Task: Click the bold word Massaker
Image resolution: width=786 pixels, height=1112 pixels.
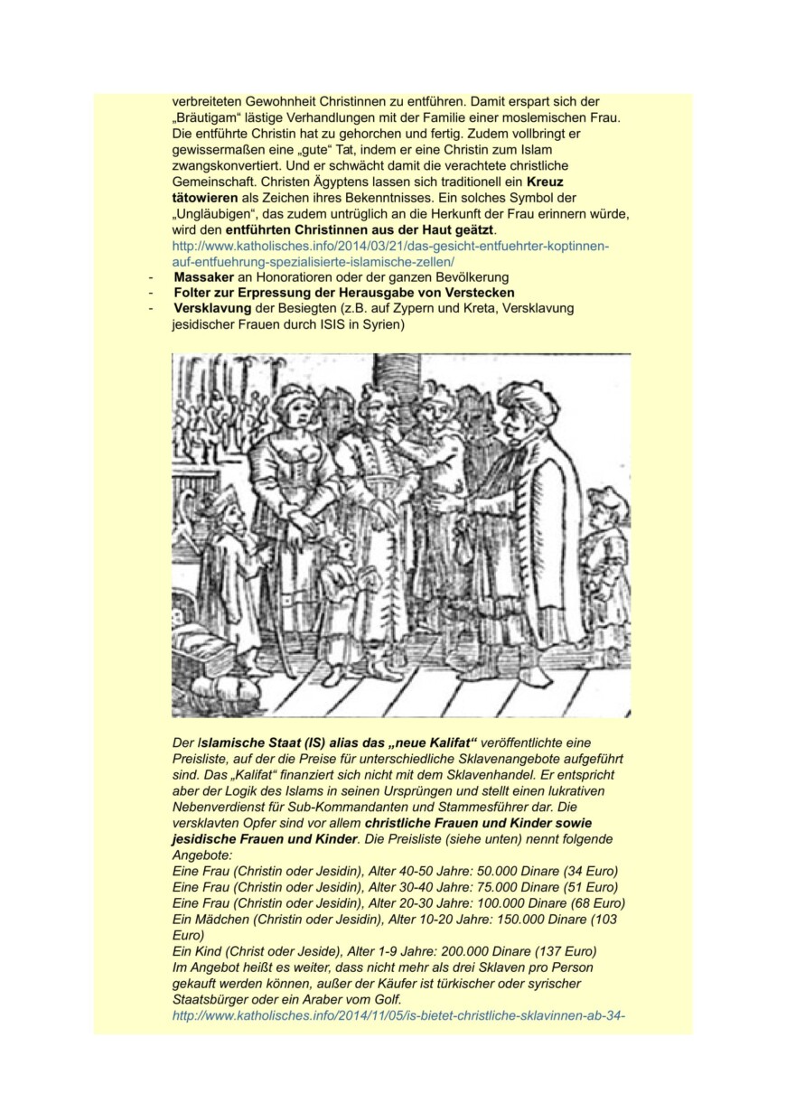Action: (204, 276)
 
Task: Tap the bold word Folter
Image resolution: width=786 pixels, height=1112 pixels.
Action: (193, 292)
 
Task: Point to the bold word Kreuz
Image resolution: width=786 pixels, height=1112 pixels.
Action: (545, 181)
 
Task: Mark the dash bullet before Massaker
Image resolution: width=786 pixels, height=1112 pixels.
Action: (152, 276)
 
